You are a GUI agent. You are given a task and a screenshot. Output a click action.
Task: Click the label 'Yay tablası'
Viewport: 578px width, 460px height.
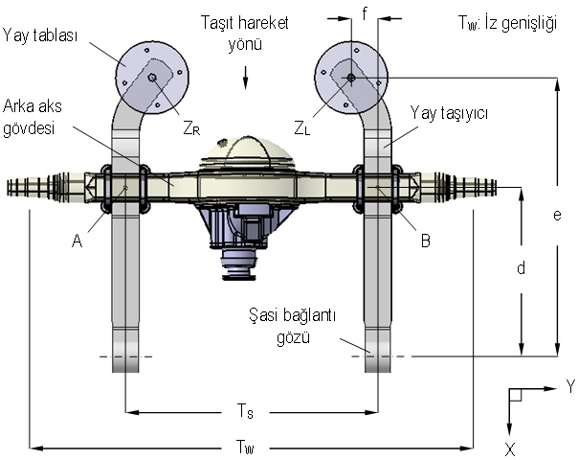(x=40, y=36)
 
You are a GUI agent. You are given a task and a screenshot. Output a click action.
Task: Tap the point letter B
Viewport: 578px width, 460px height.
(x=426, y=241)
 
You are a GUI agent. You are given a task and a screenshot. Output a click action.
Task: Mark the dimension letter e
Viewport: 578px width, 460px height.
(x=556, y=215)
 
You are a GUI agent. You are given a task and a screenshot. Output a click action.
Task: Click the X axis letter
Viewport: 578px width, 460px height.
(x=510, y=448)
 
